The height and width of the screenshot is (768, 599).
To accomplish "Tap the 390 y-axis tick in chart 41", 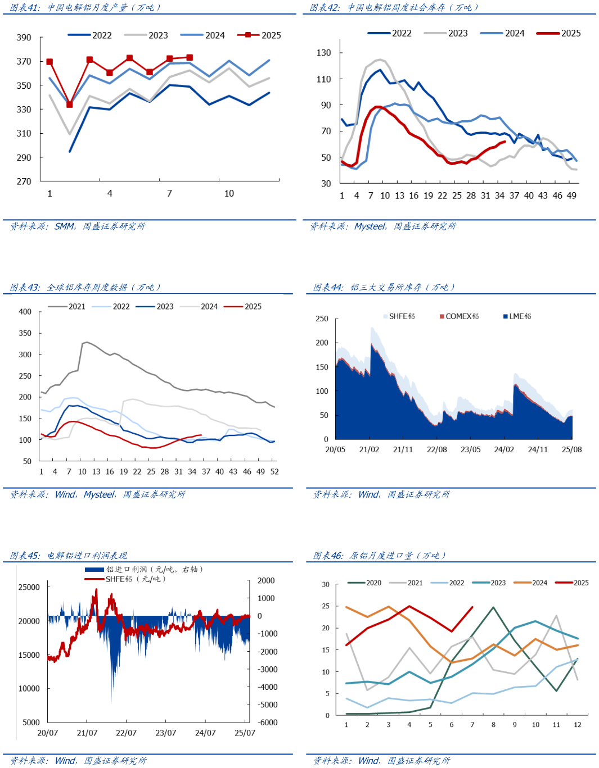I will [x=24, y=38].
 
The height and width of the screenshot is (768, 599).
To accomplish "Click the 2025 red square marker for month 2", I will [x=70, y=104].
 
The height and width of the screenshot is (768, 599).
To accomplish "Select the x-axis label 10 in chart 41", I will [x=229, y=193].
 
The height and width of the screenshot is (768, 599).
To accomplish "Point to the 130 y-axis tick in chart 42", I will [x=324, y=53].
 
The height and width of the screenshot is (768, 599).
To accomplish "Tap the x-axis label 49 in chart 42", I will [x=571, y=196].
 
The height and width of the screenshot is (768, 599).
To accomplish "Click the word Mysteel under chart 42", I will [x=370, y=226].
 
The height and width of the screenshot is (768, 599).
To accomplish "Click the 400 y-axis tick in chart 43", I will [x=25, y=312].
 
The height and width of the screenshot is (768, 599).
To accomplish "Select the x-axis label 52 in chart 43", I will [x=274, y=472].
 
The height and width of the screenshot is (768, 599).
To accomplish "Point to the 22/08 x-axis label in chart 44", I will [x=437, y=449].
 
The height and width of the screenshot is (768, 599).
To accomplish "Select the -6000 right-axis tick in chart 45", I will [x=267, y=722].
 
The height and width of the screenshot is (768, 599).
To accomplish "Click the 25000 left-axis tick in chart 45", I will [x=29, y=587].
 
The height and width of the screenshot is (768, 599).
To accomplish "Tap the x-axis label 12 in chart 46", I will [x=578, y=725].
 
